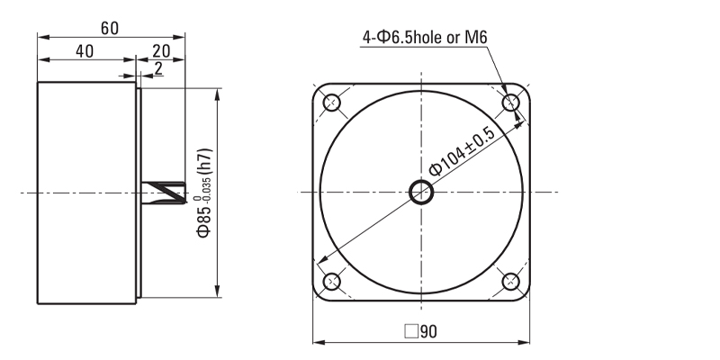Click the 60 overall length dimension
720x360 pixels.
pyautogui.click(x=110, y=29)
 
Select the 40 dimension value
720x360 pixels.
pyautogui.click(x=85, y=51)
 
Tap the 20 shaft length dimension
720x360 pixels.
pyautogui.click(x=161, y=51)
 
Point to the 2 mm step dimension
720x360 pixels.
pyautogui.click(x=158, y=68)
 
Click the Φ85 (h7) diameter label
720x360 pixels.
pyautogui.click(x=204, y=193)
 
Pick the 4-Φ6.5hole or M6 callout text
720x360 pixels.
pyautogui.click(x=425, y=37)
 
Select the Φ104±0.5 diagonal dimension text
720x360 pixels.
pyautogui.click(x=463, y=151)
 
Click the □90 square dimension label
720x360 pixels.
pyautogui.click(x=420, y=331)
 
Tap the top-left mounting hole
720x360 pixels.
pyautogui.click(x=331, y=103)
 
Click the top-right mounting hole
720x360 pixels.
pyautogui.click(x=510, y=103)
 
